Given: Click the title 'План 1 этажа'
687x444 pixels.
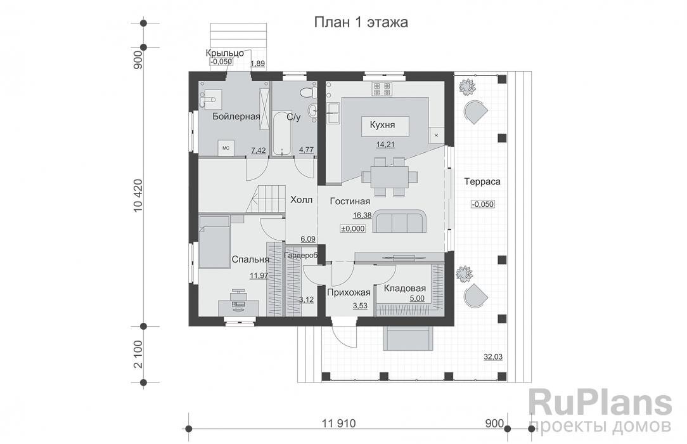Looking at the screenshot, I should pos(361,22).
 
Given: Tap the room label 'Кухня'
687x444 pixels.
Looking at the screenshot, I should pos(383,125).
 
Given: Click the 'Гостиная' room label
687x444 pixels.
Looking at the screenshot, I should pos(350,201).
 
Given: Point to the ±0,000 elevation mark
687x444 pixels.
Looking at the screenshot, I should pos(352,229).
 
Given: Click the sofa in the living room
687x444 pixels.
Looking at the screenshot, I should pos(401,223).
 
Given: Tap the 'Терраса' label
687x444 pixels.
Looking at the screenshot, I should pos(482,181).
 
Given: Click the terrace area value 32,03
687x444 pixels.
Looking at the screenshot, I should pos(492,357).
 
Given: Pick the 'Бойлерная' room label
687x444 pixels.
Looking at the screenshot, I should pos(236,117).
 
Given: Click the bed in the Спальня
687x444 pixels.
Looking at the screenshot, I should pos(214,241).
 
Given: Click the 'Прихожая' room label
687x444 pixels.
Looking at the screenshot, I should pos(348,292).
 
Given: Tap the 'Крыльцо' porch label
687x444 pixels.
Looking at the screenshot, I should pos(224,53).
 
